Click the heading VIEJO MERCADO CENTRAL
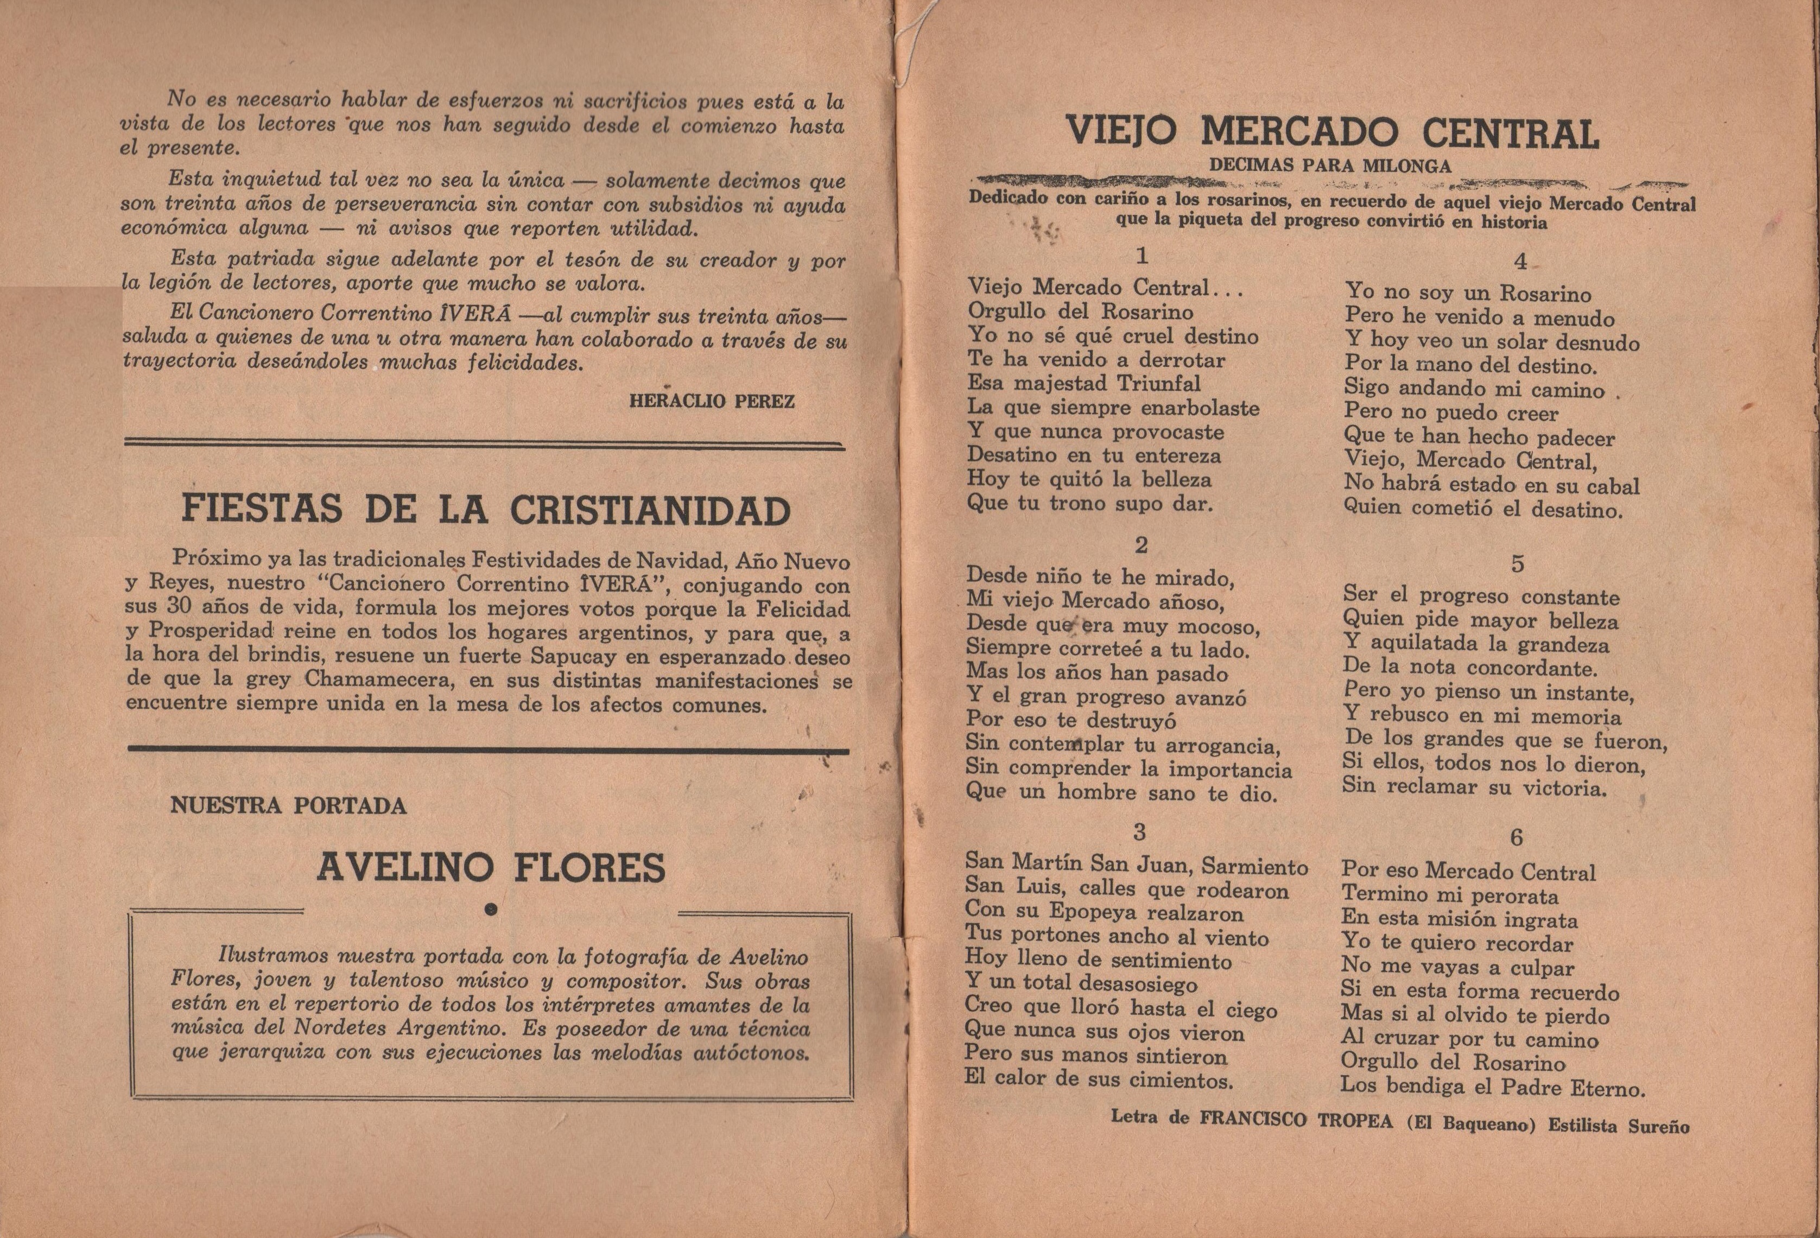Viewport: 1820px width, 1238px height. pyautogui.click(x=1332, y=133)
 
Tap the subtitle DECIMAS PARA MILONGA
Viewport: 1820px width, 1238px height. pyautogui.click(x=1330, y=166)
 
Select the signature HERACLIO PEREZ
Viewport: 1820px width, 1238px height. pyautogui.click(x=711, y=402)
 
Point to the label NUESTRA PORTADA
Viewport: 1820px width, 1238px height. pyautogui.click(x=288, y=806)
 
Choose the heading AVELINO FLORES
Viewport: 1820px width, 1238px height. pyautogui.click(x=491, y=868)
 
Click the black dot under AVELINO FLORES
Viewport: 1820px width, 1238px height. pyautogui.click(x=492, y=909)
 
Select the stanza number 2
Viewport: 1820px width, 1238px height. pyautogui.click(x=1141, y=545)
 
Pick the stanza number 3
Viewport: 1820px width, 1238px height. pyautogui.click(x=1139, y=831)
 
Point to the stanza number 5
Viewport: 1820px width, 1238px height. pyautogui.click(x=1518, y=564)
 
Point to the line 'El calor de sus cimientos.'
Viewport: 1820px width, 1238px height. pyautogui.click(x=1099, y=1080)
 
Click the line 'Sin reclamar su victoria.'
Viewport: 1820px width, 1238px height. pyautogui.click(x=1474, y=787)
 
